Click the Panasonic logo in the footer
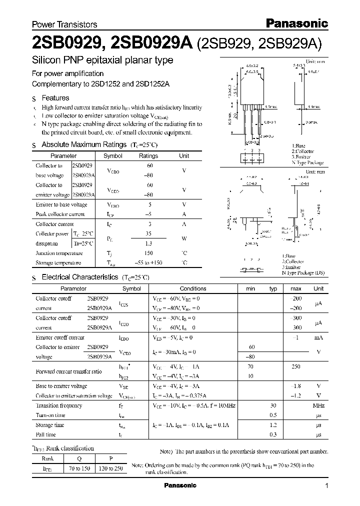180,485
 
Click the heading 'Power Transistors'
64,24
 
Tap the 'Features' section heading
55,98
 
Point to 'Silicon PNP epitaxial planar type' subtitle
102,60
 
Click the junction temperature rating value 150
148,253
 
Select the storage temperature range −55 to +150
148,263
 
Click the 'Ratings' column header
148,156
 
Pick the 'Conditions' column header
193,288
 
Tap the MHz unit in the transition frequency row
318,406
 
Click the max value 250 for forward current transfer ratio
295,367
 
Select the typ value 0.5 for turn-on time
273,415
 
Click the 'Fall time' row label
46,435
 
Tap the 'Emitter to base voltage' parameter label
61,204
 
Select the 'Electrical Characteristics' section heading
79,276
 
